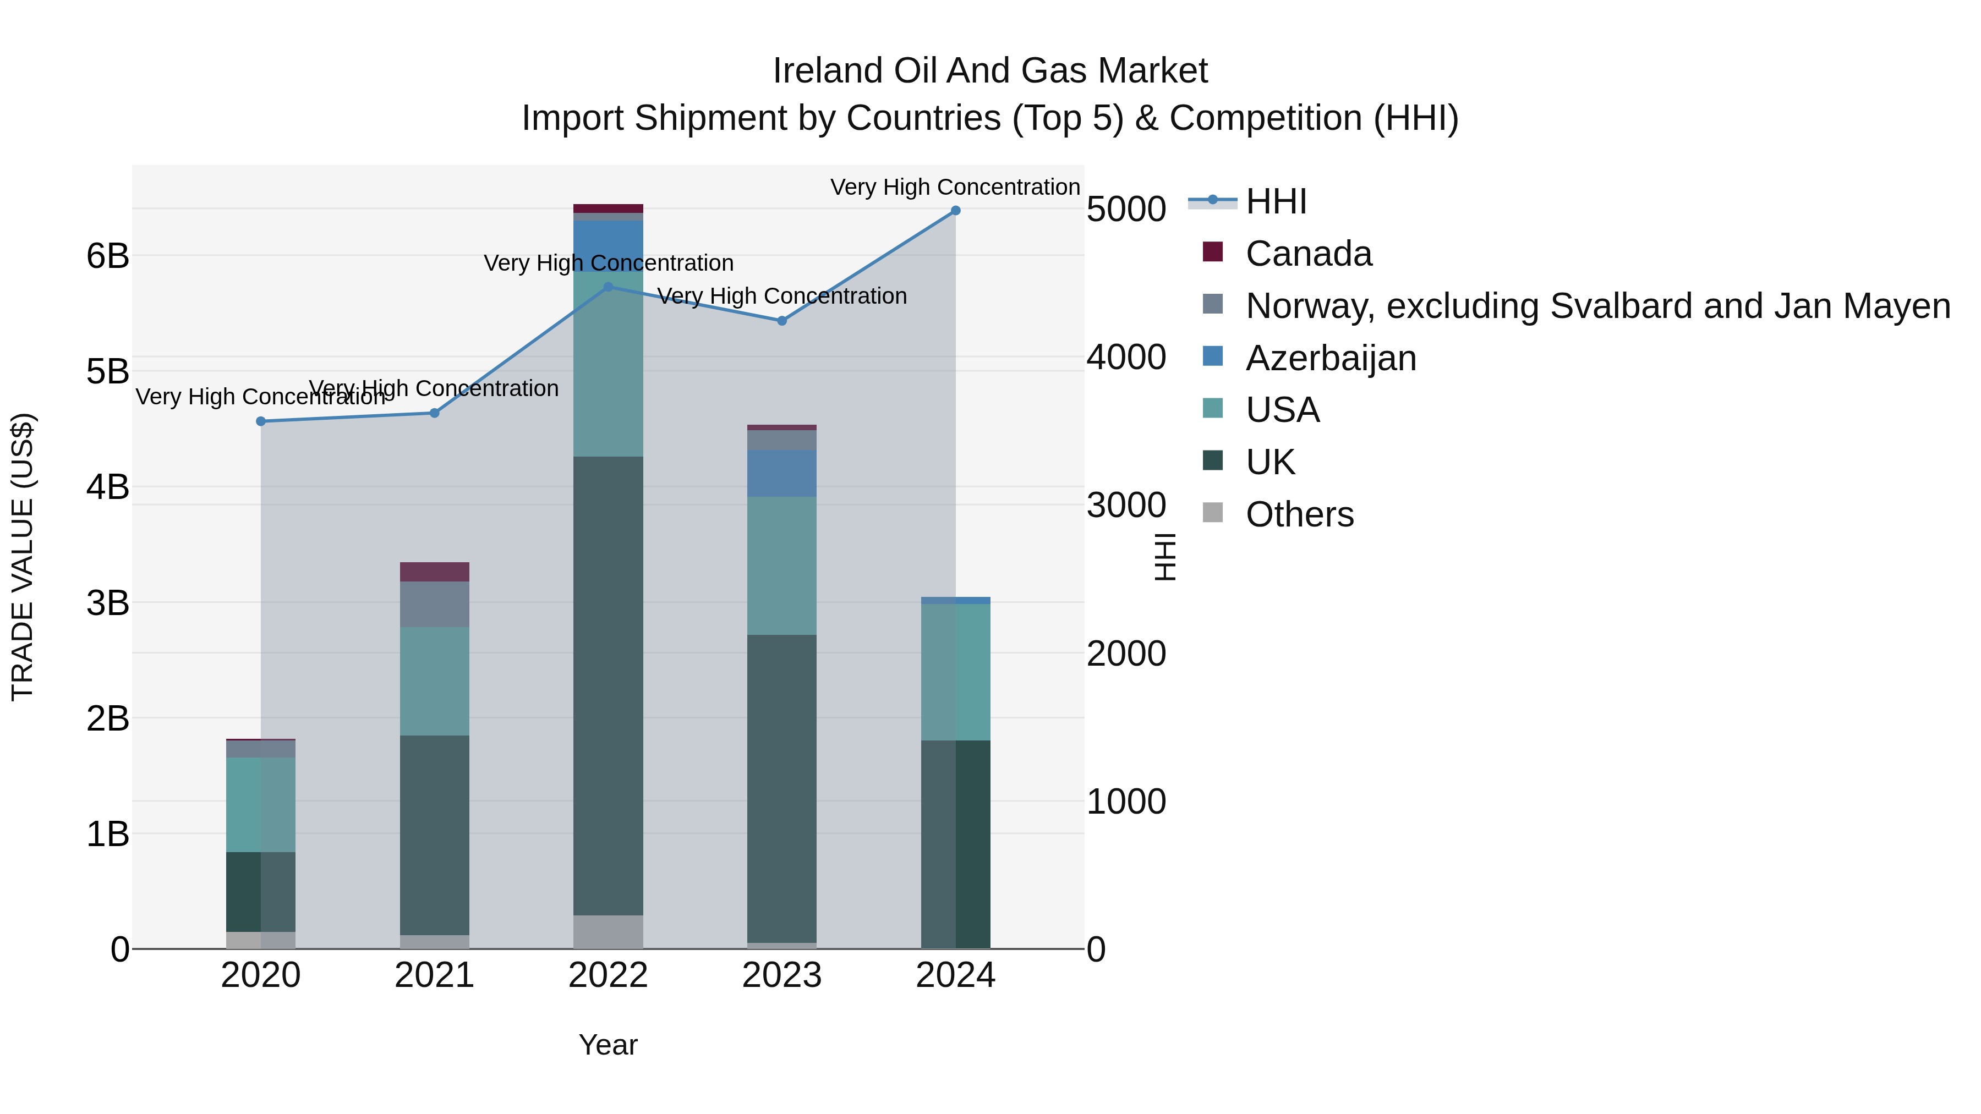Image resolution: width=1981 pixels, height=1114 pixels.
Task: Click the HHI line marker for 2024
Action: pos(955,211)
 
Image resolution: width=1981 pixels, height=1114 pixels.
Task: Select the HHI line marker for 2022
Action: pos(608,287)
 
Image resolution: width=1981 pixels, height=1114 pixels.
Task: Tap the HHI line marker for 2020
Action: pos(261,421)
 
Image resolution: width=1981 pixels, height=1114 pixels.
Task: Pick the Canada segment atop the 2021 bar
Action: pos(435,572)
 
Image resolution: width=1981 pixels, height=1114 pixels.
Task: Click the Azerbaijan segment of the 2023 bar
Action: pos(781,474)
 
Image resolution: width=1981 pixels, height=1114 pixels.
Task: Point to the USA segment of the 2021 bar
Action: pos(435,681)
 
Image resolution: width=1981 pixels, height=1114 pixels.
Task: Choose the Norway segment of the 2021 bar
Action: pos(435,604)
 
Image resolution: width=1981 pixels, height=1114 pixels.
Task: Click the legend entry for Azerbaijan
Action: pos(1331,358)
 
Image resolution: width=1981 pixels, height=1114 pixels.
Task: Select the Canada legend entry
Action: pos(1308,254)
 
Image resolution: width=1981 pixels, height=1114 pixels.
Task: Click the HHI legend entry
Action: pos(1276,201)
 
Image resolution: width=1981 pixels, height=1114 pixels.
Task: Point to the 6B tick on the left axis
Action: pos(108,256)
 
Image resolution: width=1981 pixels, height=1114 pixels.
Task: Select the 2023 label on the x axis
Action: pos(781,975)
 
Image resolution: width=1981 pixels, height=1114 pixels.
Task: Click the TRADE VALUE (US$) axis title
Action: pos(23,557)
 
